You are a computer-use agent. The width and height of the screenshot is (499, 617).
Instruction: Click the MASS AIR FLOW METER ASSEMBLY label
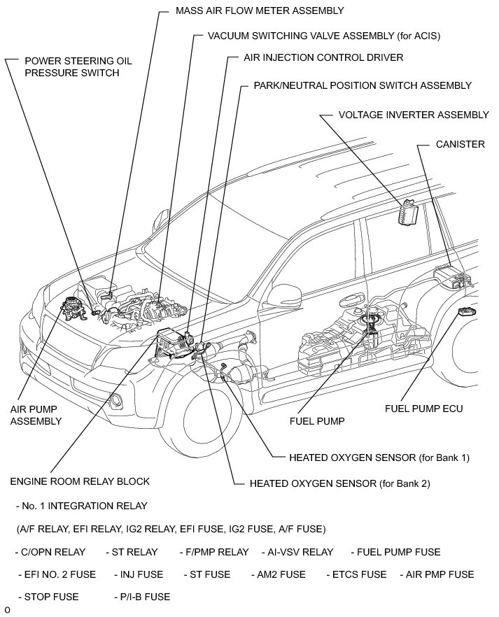(250, 11)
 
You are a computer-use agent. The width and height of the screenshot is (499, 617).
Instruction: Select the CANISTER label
(460, 145)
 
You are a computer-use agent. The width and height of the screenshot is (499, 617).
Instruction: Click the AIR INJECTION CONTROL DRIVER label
(323, 57)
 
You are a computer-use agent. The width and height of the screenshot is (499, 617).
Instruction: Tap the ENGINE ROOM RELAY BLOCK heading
(80, 482)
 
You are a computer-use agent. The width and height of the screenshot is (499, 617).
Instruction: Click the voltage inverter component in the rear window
(407, 213)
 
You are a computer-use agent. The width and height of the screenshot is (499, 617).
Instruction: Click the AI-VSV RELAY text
(297, 552)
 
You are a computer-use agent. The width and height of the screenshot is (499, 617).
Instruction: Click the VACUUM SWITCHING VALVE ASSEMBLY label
(324, 34)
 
